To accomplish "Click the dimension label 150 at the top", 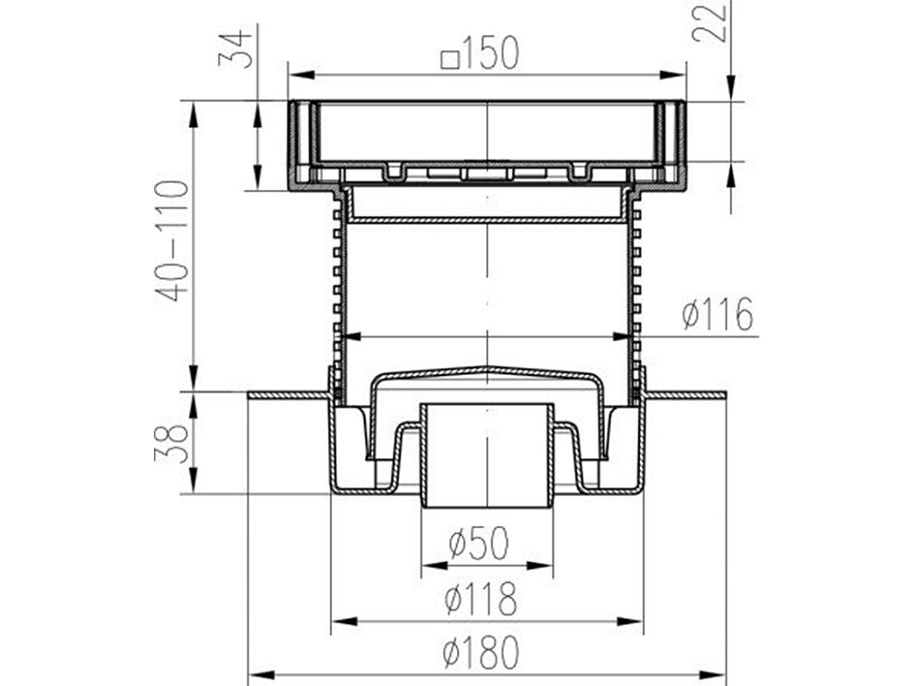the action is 490,53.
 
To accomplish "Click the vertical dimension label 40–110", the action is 172,240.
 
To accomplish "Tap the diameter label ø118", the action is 480,598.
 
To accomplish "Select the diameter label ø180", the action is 480,652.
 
